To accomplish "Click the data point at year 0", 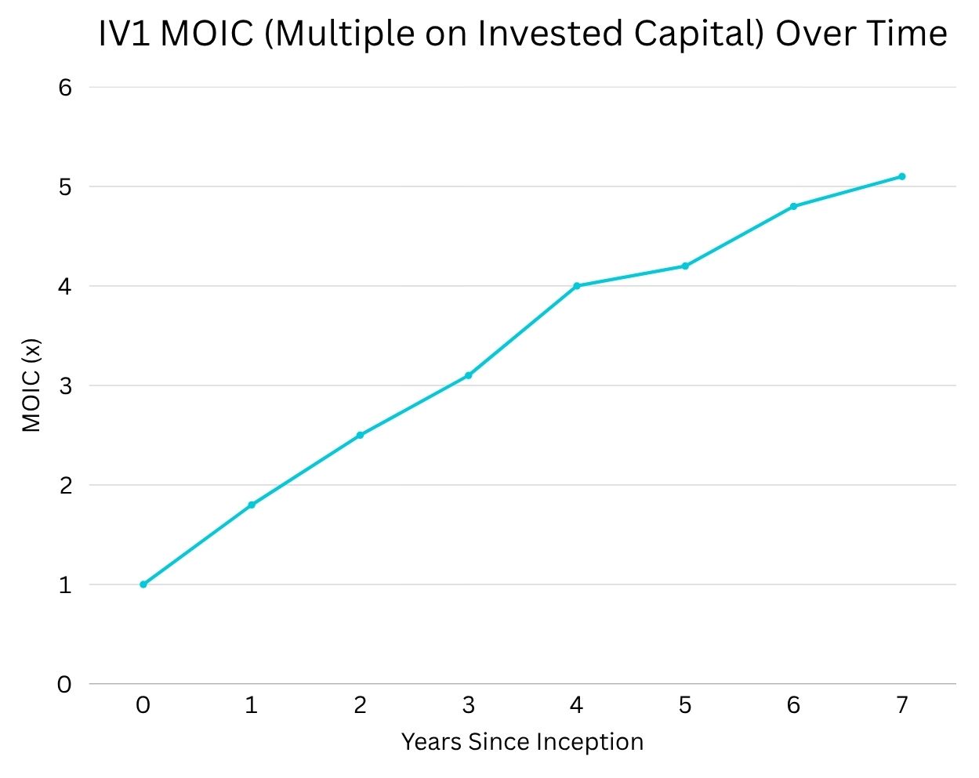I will coord(143,584).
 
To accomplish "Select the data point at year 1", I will coord(252,505).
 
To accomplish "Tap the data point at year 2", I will coord(360,435).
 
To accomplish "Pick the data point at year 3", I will coord(469,375).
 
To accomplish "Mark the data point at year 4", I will coord(577,286).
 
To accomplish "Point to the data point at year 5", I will coord(685,266).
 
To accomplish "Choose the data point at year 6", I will coord(793,206).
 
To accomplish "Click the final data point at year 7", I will coord(902,176).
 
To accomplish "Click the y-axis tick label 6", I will coord(64,87).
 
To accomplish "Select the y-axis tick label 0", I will coord(64,685).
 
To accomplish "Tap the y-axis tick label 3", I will coord(64,385).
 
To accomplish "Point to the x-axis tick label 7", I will coord(902,706).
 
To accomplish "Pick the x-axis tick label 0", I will coord(143,706).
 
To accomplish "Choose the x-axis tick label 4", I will coord(577,706).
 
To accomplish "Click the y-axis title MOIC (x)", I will coord(31,385).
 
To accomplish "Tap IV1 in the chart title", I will coord(125,34).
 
